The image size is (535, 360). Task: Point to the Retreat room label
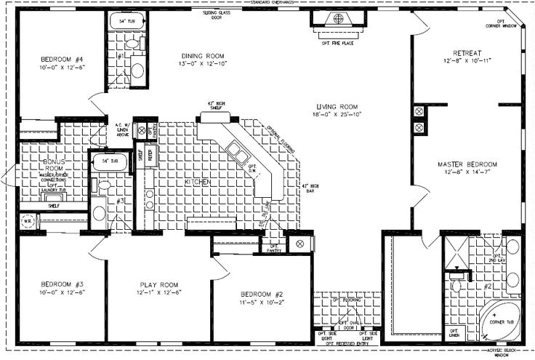pyautogui.click(x=466, y=54)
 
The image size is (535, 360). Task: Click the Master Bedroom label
pyautogui.click(x=467, y=164)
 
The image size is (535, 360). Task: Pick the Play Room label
pyautogui.click(x=159, y=284)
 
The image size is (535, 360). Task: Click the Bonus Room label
pyautogui.click(x=54, y=163)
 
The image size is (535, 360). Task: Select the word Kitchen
pyautogui.click(x=198, y=181)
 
